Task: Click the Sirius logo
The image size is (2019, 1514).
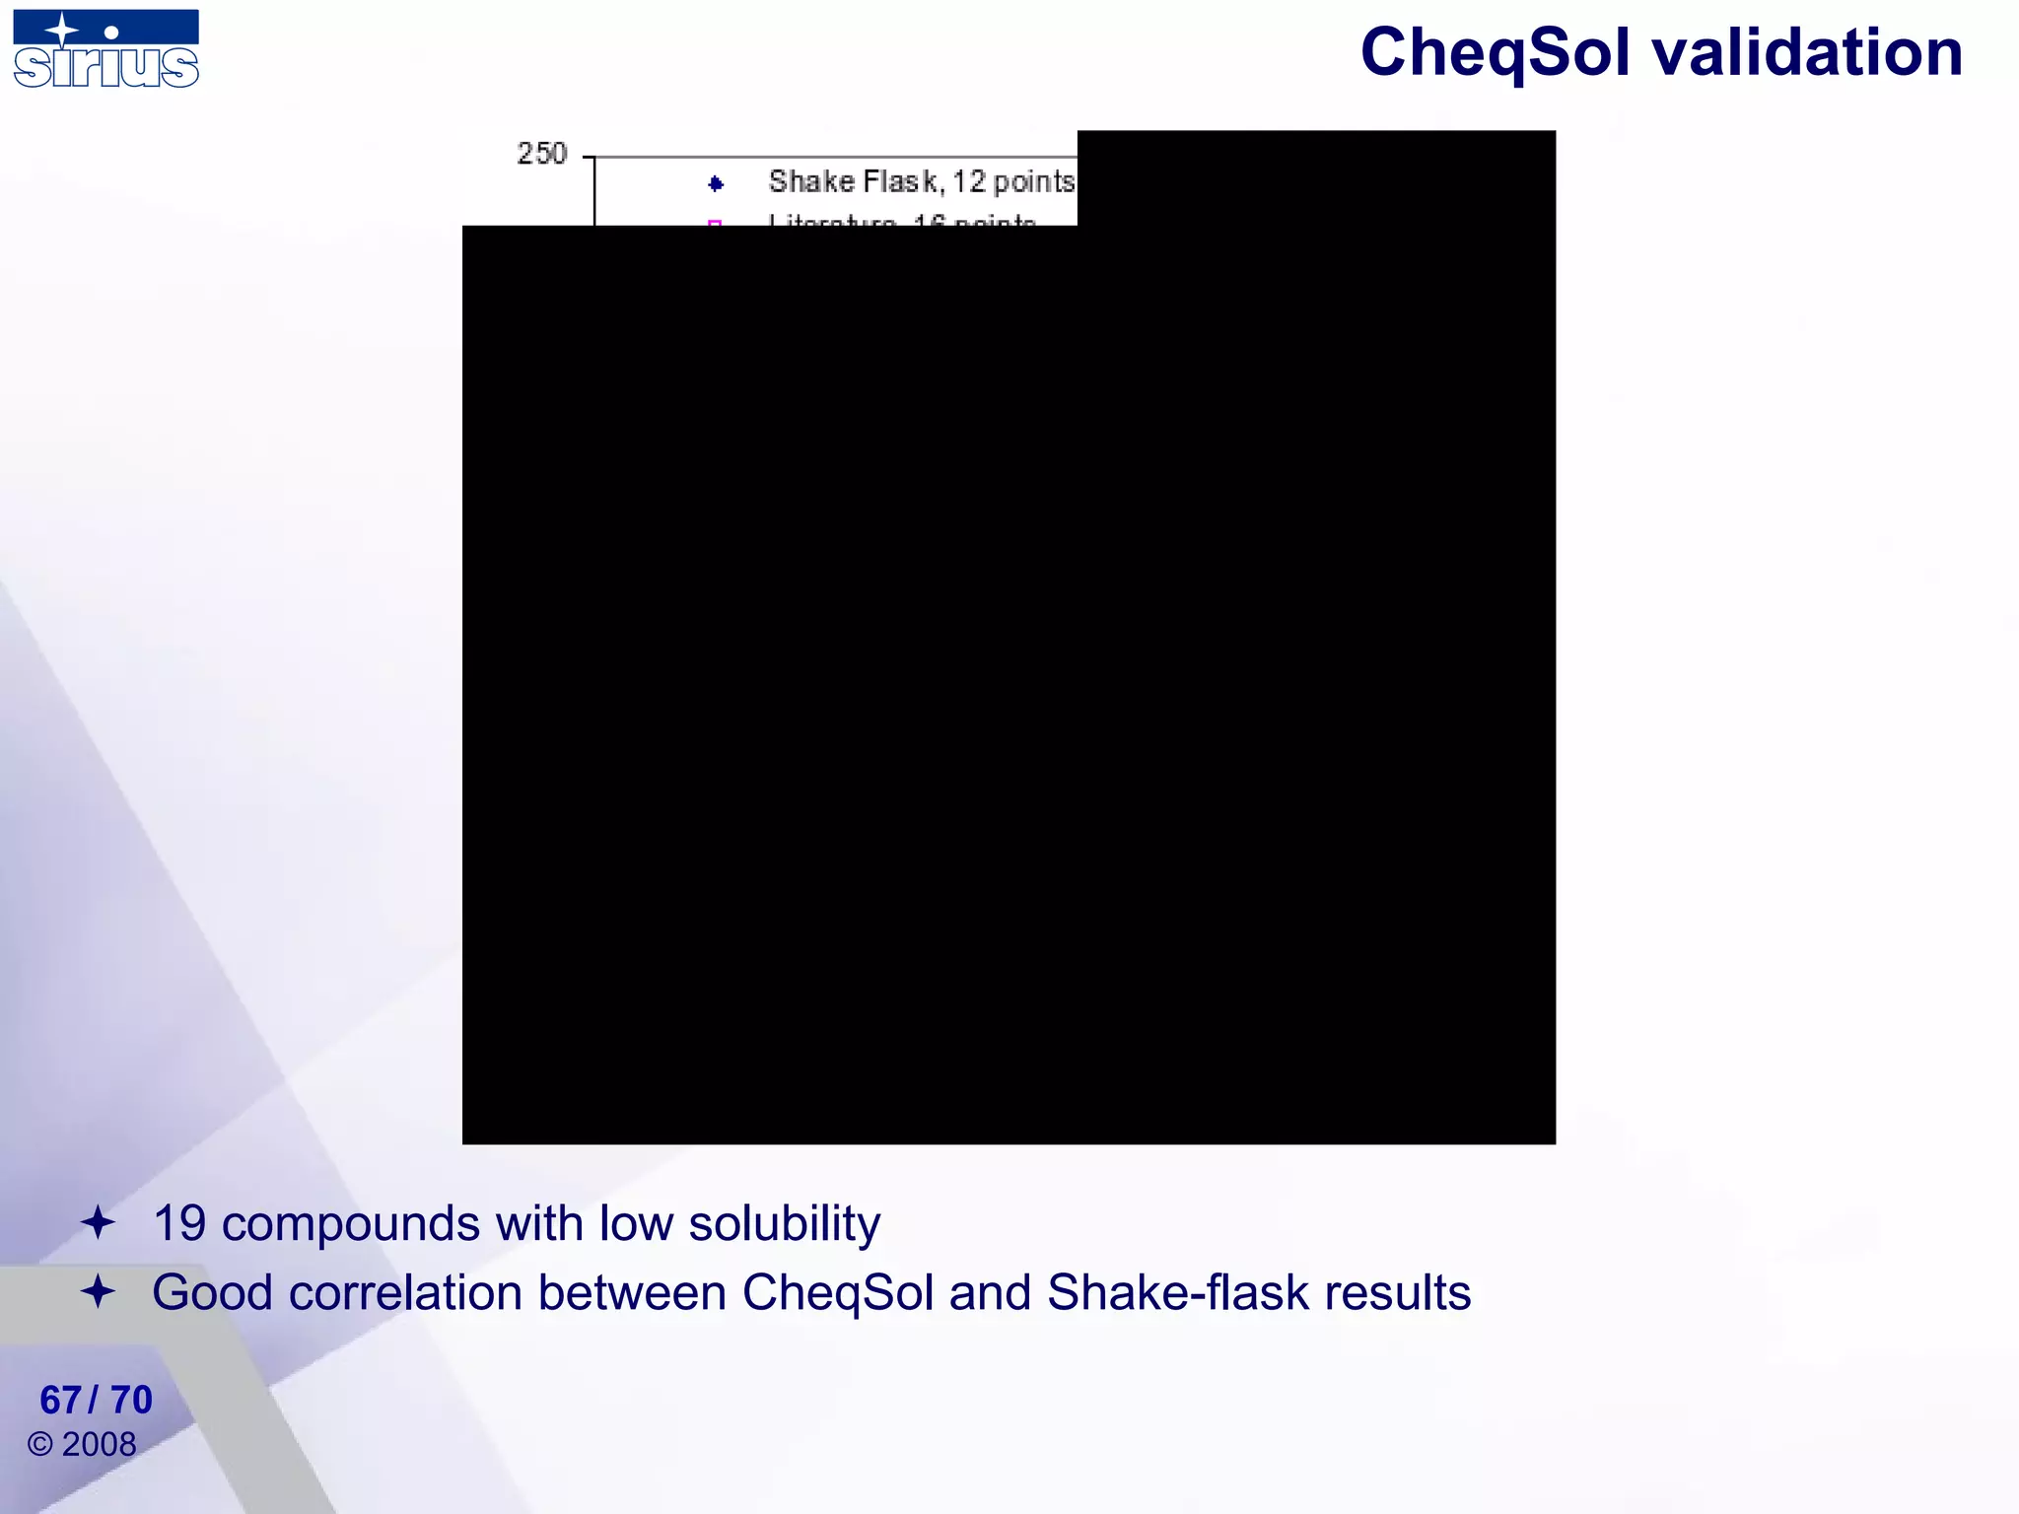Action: point(105,49)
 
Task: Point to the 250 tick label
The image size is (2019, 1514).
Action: point(541,154)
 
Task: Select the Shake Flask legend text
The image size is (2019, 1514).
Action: point(921,182)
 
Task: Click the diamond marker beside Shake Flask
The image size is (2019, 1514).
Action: point(716,183)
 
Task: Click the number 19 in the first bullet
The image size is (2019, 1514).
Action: point(179,1224)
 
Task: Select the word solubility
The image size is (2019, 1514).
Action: point(784,1224)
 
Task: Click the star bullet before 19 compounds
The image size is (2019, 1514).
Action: point(98,1223)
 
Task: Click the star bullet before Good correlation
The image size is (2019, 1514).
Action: point(98,1291)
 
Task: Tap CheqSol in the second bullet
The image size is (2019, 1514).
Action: point(837,1293)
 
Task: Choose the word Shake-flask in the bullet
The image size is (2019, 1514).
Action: point(1177,1293)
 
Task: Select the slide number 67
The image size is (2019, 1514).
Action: point(60,1400)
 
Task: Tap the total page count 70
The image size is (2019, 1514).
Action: point(131,1400)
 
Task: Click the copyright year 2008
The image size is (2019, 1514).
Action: point(99,1444)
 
